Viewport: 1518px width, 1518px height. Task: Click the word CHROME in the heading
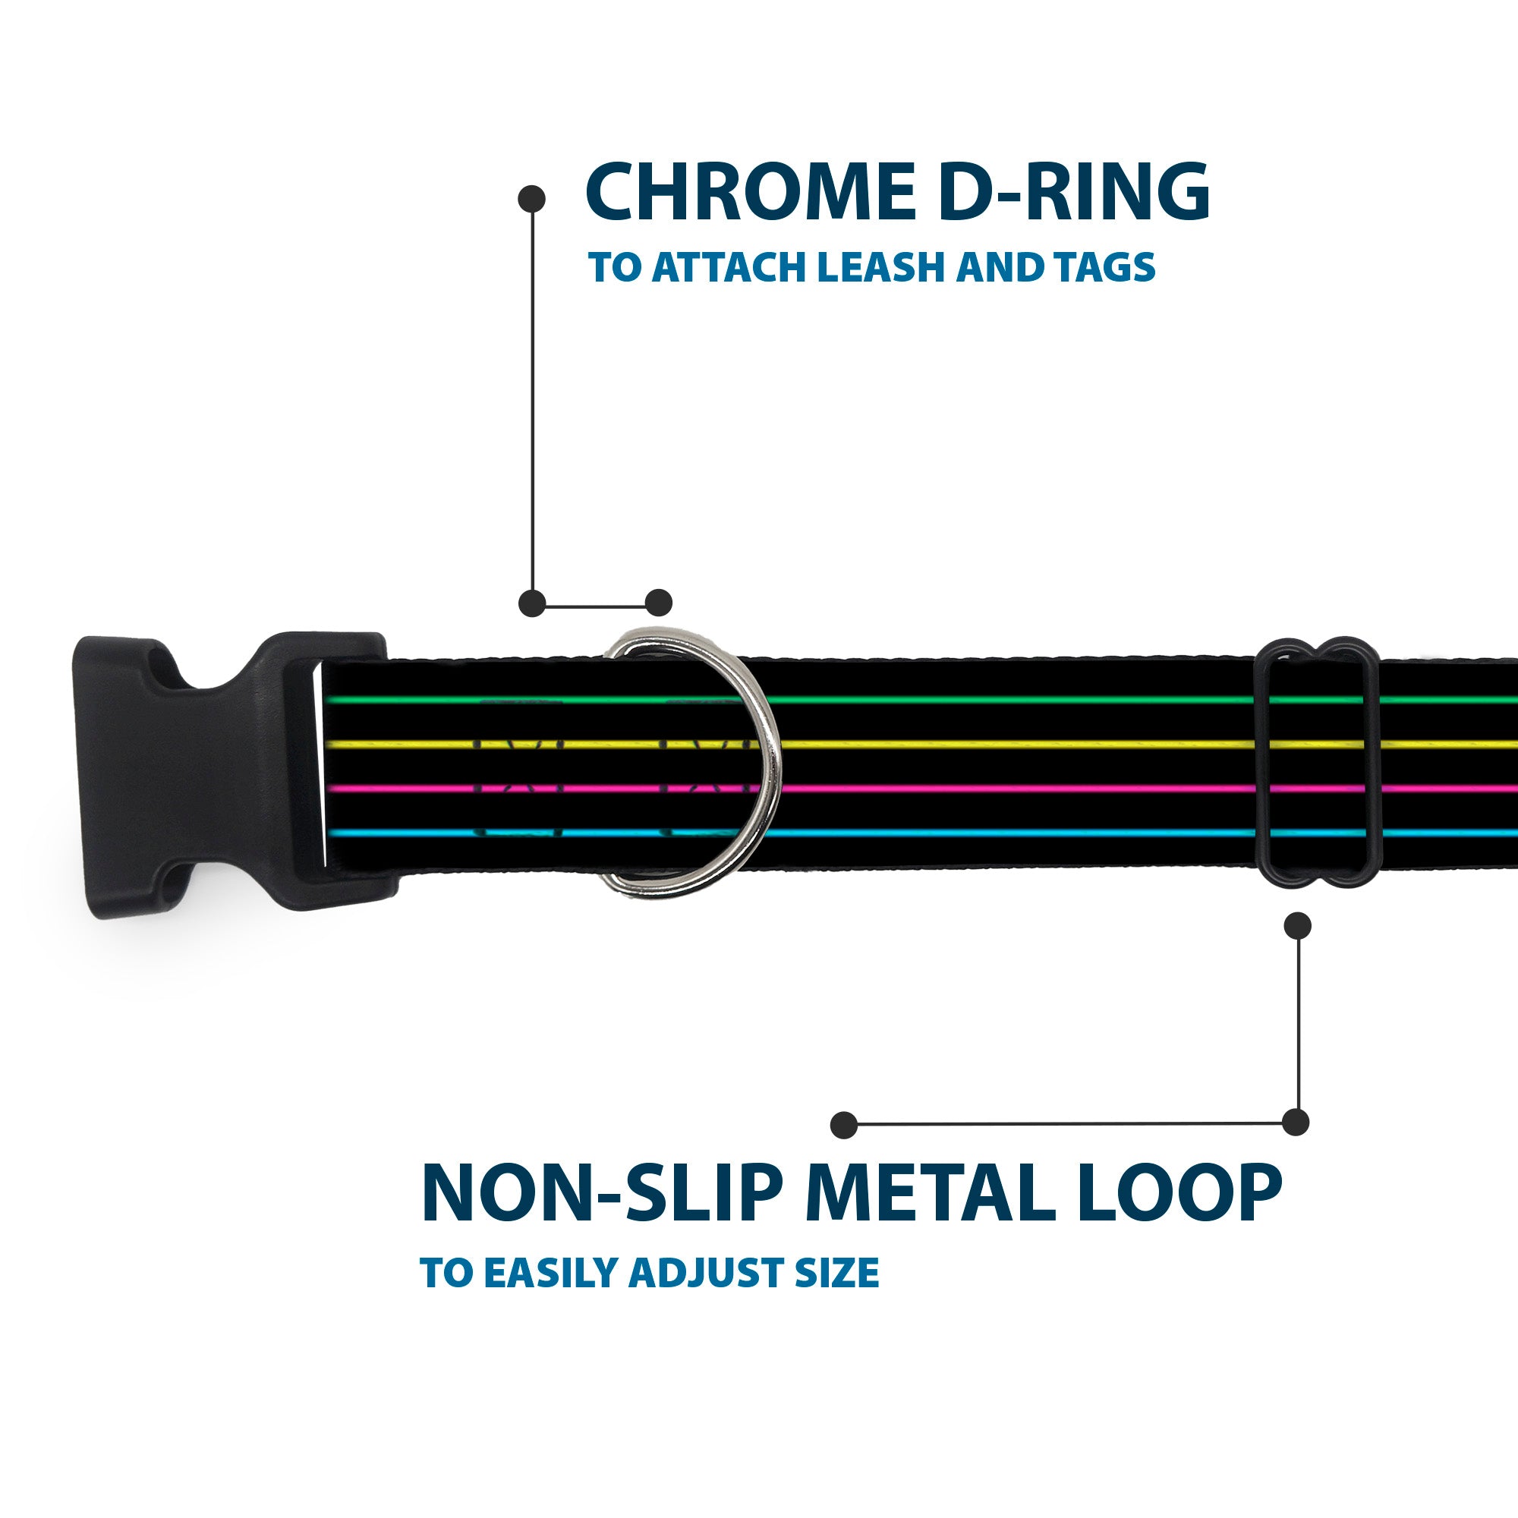pyautogui.click(x=750, y=193)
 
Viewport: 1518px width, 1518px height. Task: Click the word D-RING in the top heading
pyautogui.click(x=1073, y=193)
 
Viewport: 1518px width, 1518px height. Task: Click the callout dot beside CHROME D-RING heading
pyautogui.click(x=532, y=198)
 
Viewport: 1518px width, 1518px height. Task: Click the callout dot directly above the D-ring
pyautogui.click(x=658, y=603)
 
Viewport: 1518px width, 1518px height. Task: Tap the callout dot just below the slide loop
pyautogui.click(x=1297, y=925)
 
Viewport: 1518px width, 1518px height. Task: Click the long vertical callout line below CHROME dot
pyautogui.click(x=533, y=401)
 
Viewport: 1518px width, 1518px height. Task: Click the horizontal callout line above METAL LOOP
pyautogui.click(x=1069, y=1124)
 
